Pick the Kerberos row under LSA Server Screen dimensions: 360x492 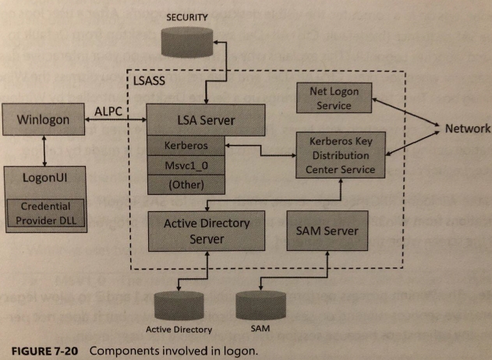(185, 146)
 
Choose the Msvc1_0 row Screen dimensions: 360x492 (185, 165)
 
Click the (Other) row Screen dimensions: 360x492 (185, 185)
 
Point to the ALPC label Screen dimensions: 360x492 (108, 111)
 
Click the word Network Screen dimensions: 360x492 (468, 129)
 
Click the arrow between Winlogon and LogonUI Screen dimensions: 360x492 (44, 149)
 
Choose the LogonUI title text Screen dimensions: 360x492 (45, 178)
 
